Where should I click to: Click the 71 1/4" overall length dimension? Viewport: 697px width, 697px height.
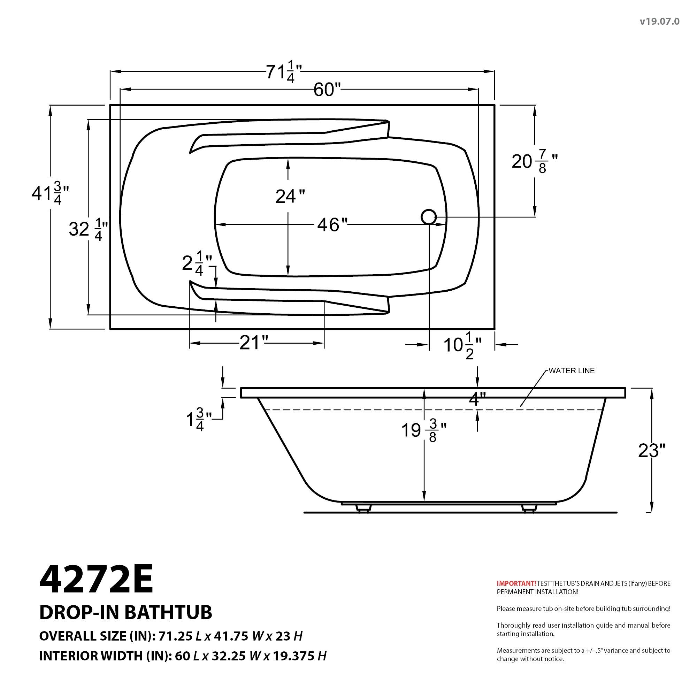[x=284, y=73]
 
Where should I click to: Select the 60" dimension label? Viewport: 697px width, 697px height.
[x=327, y=90]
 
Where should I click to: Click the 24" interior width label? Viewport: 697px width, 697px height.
[x=290, y=197]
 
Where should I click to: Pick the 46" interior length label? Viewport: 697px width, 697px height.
[x=332, y=225]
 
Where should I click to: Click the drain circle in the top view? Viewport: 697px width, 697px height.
[x=429, y=217]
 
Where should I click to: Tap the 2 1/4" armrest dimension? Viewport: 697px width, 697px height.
[x=197, y=264]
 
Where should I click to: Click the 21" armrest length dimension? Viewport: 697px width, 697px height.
[x=254, y=343]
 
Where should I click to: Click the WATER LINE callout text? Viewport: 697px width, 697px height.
[x=572, y=371]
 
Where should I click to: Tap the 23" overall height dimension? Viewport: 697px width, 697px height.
[x=652, y=451]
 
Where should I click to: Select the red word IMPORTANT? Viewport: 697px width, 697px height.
[x=516, y=583]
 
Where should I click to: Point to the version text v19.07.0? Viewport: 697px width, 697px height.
[x=659, y=22]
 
